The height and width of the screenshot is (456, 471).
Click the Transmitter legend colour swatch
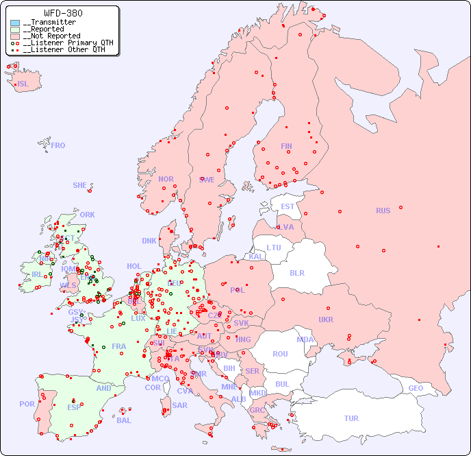(15, 23)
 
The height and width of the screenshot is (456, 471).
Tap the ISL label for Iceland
(23, 84)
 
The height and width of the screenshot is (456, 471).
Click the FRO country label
(58, 145)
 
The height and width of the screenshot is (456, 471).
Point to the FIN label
(286, 146)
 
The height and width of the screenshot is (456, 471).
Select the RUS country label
(383, 211)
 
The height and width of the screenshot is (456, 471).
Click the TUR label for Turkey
(351, 418)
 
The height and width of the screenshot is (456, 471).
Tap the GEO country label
(416, 388)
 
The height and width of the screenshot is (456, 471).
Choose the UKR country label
(326, 320)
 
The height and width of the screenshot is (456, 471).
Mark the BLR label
(296, 272)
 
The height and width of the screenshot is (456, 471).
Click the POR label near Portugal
(27, 404)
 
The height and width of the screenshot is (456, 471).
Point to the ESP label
(74, 407)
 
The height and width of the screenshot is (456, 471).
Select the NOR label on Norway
(166, 179)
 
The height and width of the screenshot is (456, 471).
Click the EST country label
(288, 206)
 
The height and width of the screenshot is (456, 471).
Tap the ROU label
(280, 354)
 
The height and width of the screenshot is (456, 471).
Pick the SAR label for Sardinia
(179, 405)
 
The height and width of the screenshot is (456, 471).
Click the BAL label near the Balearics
(123, 420)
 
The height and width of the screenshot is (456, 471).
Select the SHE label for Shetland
(80, 185)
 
